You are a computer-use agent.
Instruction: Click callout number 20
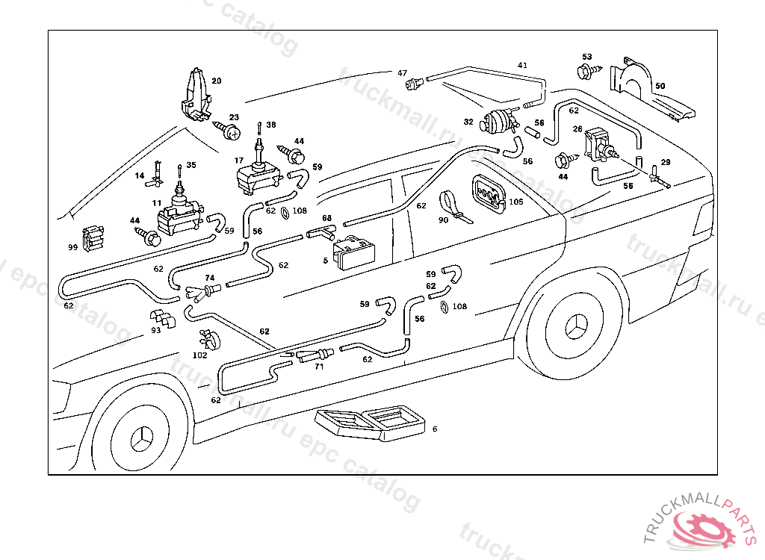click(216, 81)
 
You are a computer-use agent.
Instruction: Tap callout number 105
click(516, 202)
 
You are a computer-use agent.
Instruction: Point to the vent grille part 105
click(489, 196)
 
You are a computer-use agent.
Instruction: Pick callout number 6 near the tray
click(435, 429)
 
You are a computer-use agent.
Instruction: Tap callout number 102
click(199, 355)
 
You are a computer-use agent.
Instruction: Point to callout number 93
click(155, 329)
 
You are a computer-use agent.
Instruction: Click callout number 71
click(318, 367)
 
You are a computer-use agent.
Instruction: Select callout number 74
click(210, 278)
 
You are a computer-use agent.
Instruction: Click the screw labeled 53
click(586, 72)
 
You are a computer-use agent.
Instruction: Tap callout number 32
click(468, 122)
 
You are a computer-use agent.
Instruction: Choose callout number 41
click(522, 66)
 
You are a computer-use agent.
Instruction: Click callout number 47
click(402, 73)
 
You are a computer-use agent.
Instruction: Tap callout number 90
click(443, 221)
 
